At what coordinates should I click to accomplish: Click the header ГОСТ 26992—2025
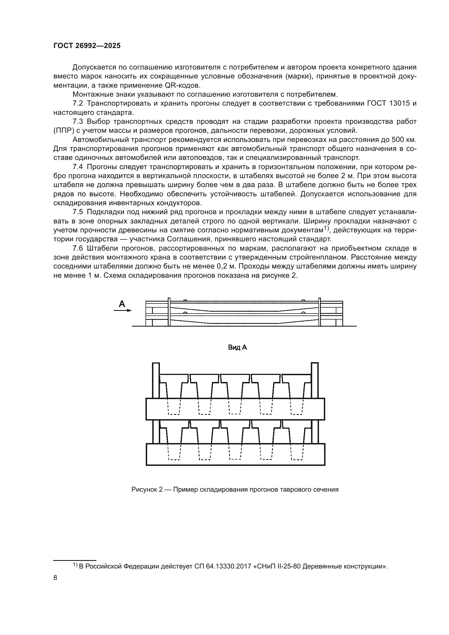(87, 46)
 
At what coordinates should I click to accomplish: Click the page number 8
(55, 577)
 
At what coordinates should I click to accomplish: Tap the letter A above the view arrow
(122, 304)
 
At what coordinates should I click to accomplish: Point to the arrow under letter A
(123, 311)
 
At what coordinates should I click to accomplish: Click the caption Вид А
(237, 348)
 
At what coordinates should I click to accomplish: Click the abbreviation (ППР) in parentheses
(64, 131)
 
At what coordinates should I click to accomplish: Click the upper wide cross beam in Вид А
(235, 409)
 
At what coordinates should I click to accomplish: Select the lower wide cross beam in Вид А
(235, 454)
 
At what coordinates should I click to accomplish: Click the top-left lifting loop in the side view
(185, 300)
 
